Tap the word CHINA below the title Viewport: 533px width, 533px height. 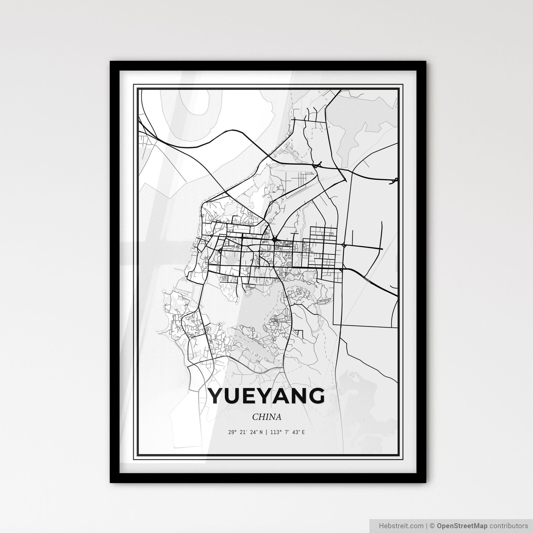click(266, 417)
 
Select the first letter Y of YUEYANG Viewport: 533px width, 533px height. click(218, 396)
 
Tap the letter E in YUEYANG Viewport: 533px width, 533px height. click(250, 396)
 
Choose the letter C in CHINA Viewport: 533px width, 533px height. click(255, 417)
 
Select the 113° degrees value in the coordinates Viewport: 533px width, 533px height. click(275, 432)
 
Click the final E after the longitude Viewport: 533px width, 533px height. click(303, 432)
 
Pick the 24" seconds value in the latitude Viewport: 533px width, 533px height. click(253, 432)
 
